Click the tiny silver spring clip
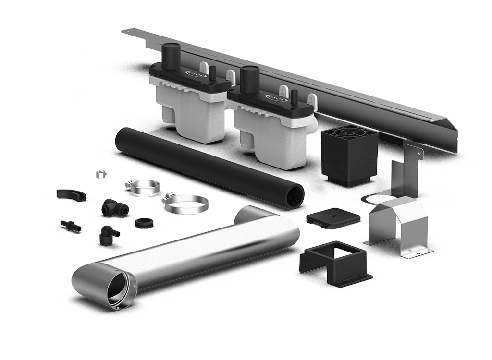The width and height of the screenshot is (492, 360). (x=100, y=174)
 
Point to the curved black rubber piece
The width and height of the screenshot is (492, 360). (x=70, y=194)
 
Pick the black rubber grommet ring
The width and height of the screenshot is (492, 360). (x=142, y=223)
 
